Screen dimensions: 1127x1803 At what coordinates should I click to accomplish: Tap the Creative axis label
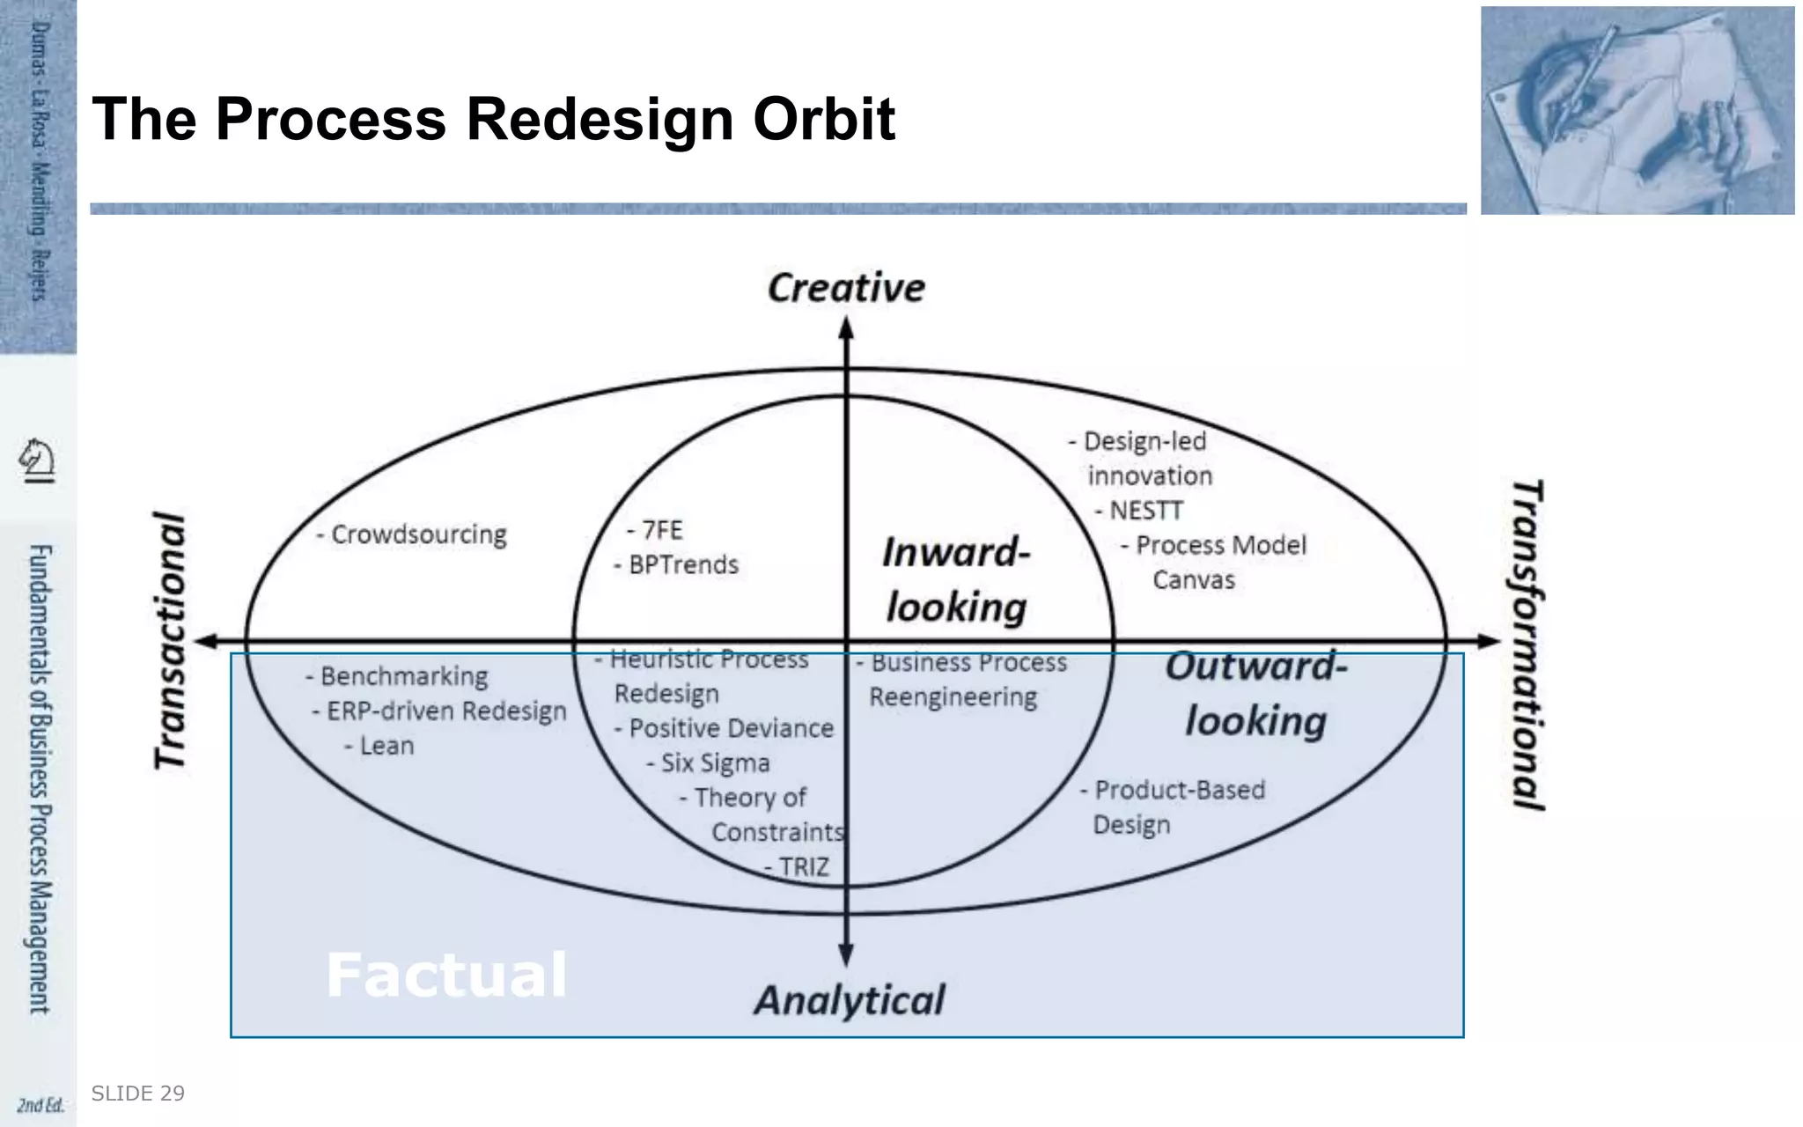[846, 288]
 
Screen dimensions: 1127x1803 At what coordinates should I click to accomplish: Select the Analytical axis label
[849, 1001]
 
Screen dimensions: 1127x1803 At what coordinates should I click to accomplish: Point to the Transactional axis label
[170, 641]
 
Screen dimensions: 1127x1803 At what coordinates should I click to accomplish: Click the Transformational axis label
[1528, 645]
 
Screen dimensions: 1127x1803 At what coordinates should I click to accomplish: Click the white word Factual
[446, 975]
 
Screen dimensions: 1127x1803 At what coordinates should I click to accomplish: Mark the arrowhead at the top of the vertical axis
[846, 328]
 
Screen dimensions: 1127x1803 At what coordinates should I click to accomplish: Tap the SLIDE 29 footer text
[138, 1094]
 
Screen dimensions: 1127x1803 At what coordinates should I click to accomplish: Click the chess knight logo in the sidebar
[37, 460]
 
